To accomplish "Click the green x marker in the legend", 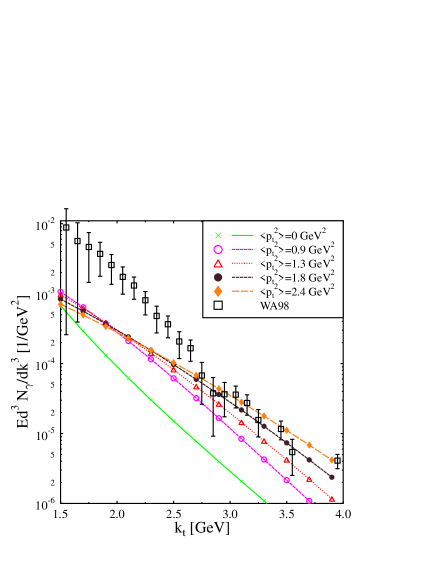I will coord(218,235).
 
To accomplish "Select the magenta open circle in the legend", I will coord(218,249).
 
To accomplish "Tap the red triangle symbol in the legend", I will coord(218,263).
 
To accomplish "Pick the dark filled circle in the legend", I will coord(218,277).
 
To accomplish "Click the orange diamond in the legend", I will coord(218,291).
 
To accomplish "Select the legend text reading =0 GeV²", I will coord(297,235).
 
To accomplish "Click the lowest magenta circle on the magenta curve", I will coord(309,500).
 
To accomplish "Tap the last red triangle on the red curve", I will coord(332,498).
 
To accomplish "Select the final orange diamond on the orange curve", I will coord(332,460).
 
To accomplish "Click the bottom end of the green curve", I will coord(265,501).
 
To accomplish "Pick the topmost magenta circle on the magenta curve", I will coord(60,293).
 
